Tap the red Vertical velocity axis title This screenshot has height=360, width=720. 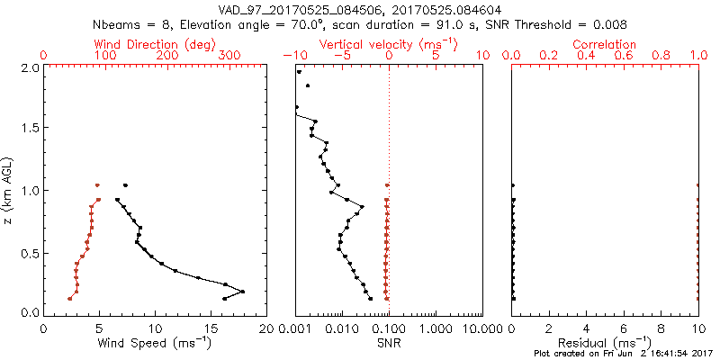pos(389,44)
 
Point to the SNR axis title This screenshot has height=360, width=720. pos(389,342)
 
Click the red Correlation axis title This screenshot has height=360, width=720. pos(605,44)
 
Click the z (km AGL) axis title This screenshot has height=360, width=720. pos(8,190)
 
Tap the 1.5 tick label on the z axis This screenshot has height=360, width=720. pos(31,129)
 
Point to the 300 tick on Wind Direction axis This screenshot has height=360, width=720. pos(229,55)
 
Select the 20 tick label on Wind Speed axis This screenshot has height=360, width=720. pos(265,328)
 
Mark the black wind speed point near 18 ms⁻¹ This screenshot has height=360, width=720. pos(242,292)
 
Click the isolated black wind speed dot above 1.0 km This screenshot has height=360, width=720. pos(125,185)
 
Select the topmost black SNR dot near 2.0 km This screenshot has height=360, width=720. pos(300,72)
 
